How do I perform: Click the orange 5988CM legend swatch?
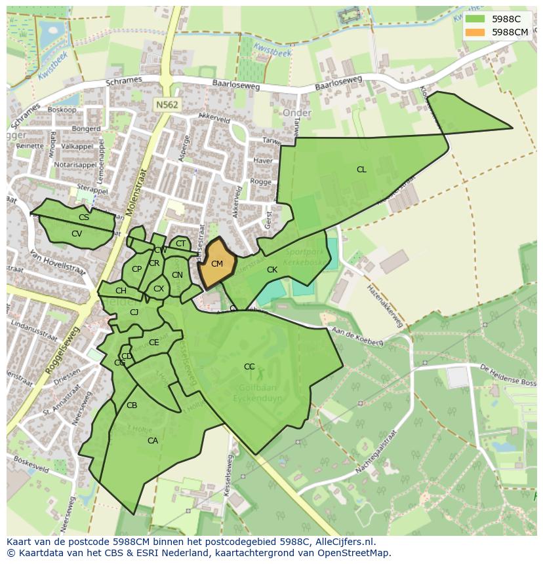[x=477, y=32]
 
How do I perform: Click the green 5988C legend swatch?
[x=477, y=20]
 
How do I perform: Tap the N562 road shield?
[x=167, y=105]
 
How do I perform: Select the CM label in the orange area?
[x=217, y=264]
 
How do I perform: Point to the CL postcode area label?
[x=361, y=170]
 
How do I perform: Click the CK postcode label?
[x=272, y=270]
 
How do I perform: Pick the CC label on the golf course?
[x=249, y=367]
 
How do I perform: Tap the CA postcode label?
[x=153, y=441]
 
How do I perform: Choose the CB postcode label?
[x=132, y=405]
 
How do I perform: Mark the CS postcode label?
[x=84, y=217]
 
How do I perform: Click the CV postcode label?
[x=77, y=234]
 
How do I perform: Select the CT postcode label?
[x=180, y=244]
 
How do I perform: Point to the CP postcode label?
[x=136, y=269]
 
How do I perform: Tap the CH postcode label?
[x=121, y=291]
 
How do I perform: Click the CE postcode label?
[x=154, y=343]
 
